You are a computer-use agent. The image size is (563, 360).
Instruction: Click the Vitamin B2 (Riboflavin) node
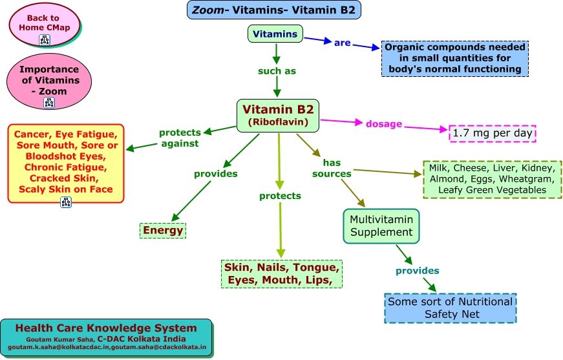click(x=279, y=115)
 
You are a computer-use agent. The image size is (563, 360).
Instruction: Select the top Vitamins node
click(x=275, y=34)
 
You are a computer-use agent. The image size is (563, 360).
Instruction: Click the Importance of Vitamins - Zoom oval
click(x=49, y=81)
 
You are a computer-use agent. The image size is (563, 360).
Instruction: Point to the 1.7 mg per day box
click(x=493, y=133)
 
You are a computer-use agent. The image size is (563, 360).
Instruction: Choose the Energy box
click(x=163, y=231)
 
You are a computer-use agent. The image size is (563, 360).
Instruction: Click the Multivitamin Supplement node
click(x=381, y=226)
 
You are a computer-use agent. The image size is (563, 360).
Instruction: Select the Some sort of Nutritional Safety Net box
click(x=450, y=308)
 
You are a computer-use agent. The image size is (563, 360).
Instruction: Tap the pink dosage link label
click(x=384, y=124)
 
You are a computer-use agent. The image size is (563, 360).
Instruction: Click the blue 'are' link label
click(x=342, y=43)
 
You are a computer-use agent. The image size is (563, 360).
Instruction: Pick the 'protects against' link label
click(x=180, y=138)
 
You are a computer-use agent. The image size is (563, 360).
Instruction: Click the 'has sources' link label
click(x=332, y=168)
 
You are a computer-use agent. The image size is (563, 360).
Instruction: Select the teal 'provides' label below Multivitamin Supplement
click(x=417, y=271)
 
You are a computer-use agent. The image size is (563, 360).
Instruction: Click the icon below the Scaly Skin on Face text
click(x=66, y=202)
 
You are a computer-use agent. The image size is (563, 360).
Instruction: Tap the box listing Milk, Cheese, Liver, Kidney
click(x=492, y=179)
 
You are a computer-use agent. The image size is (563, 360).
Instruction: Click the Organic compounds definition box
click(x=454, y=58)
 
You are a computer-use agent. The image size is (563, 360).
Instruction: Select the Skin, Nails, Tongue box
click(x=281, y=273)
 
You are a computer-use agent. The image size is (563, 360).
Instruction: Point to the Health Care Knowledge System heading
click(x=105, y=328)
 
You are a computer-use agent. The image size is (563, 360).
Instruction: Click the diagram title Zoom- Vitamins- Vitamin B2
click(x=274, y=10)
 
